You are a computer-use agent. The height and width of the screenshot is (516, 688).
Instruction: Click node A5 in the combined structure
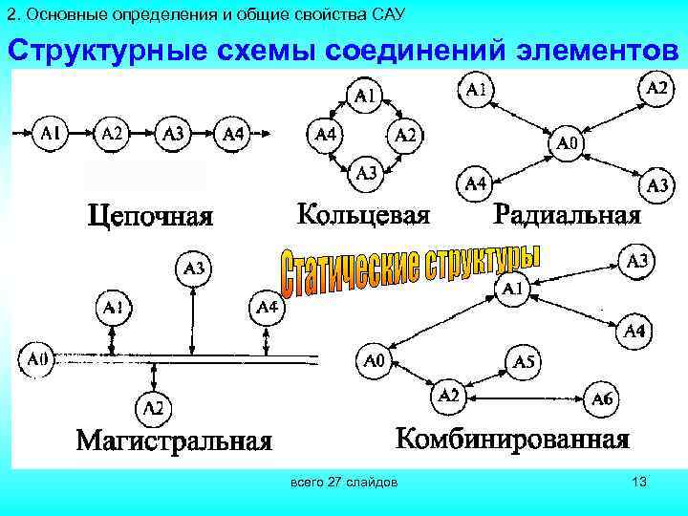[524, 361]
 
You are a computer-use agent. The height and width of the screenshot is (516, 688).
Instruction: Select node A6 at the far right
[602, 398]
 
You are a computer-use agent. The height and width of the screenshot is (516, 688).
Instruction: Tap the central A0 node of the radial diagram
[567, 144]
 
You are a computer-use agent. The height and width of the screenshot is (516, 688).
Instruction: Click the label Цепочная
[150, 214]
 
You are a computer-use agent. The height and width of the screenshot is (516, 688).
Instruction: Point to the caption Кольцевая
[363, 212]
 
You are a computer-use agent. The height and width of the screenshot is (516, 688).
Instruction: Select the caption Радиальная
[567, 213]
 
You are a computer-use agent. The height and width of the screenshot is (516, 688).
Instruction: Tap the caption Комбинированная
[513, 439]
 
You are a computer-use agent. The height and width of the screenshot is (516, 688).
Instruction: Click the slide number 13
[639, 484]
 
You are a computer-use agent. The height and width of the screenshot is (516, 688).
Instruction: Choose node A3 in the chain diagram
[173, 134]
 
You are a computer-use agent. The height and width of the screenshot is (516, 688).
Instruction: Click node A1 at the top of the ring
[366, 95]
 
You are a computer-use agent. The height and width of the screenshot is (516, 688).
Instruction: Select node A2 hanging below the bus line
[153, 409]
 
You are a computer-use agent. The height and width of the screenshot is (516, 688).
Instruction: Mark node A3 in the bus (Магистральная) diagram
[193, 270]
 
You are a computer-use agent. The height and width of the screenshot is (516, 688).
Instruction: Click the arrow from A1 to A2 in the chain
[82, 134]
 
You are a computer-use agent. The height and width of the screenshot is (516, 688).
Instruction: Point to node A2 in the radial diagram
[656, 89]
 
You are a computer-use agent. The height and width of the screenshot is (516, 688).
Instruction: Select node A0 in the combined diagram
[374, 361]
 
